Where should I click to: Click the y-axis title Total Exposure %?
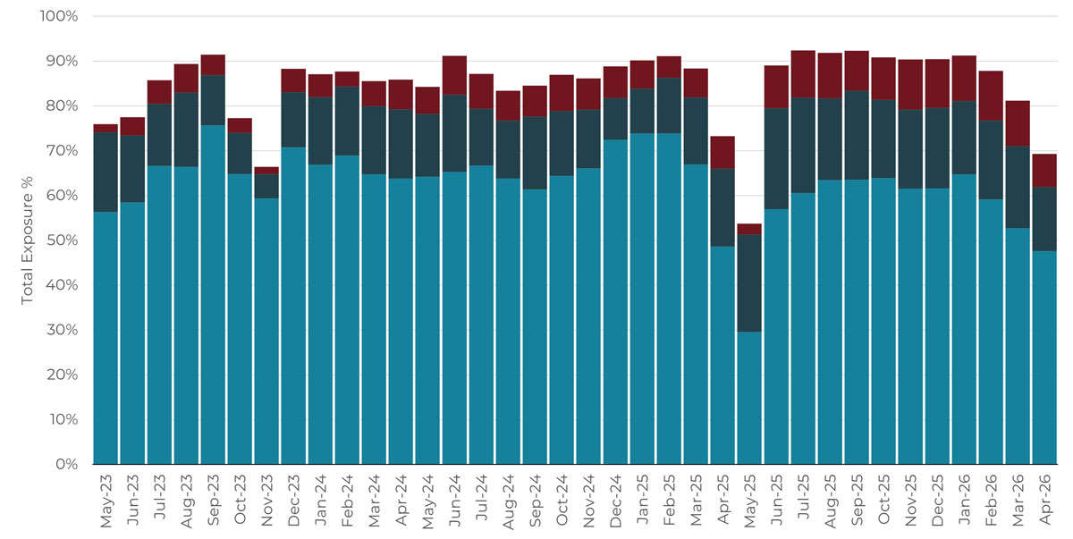(x=27, y=240)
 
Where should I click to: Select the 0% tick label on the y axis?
(x=67, y=464)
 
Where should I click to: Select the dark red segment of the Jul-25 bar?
(x=803, y=74)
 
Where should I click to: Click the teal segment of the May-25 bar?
(x=749, y=398)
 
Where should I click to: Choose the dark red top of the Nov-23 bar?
(x=266, y=171)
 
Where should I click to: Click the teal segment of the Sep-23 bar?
(x=213, y=295)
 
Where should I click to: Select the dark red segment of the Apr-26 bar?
(x=1044, y=171)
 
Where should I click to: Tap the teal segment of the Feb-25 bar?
(x=669, y=299)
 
